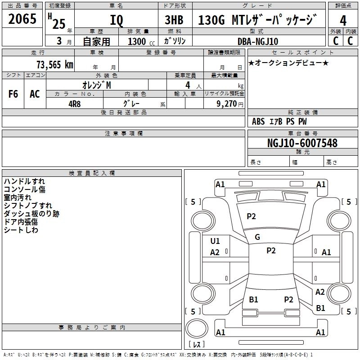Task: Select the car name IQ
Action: pos(116,20)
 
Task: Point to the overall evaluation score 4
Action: pos(343,20)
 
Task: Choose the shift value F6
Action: pos(13,94)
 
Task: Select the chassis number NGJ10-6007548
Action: pos(302,144)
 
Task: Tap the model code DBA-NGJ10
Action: pos(258,41)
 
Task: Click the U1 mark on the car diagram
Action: pos(215,241)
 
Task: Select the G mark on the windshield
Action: pos(257,237)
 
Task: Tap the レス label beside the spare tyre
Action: pos(197,345)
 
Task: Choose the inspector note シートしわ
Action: pos(21,230)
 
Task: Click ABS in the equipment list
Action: pos(258,121)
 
